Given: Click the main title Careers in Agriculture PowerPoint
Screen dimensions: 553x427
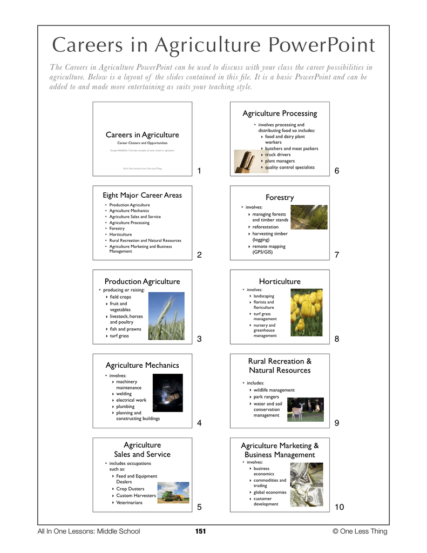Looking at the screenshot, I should pyautogui.click(x=213, y=44).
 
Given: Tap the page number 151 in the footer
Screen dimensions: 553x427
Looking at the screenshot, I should pyautogui.click(x=201, y=531).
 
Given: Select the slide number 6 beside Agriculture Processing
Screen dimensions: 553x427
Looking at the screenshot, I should pyautogui.click(x=337, y=171).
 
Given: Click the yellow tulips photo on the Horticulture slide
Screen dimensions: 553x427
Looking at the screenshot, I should pyautogui.click(x=307, y=313).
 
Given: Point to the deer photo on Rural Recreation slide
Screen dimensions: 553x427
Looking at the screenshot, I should pyautogui.click(x=305, y=409).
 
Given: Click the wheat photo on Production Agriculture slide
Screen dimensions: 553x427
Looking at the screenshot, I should pyautogui.click(x=166, y=316).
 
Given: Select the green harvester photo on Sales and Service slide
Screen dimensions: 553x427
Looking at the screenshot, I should pyautogui.click(x=173, y=493).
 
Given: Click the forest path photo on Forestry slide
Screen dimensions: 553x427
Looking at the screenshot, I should pyautogui.click(x=309, y=217).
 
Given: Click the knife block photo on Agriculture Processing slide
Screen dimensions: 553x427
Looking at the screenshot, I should pyautogui.click(x=242, y=161).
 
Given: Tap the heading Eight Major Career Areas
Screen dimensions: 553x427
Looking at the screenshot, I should pyautogui.click(x=143, y=195).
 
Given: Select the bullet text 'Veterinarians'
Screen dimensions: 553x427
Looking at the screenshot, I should pyautogui.click(x=130, y=502).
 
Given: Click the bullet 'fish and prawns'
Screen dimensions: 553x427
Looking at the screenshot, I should pyautogui.click(x=126, y=329).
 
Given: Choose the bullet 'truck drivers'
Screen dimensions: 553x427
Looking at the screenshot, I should pyautogui.click(x=277, y=155).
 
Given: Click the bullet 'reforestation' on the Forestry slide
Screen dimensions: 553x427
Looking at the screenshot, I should pyautogui.click(x=266, y=227).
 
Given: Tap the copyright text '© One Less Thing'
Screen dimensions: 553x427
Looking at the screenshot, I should pyautogui.click(x=360, y=531).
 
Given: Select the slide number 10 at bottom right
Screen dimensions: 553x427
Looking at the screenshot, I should pyautogui.click(x=339, y=507).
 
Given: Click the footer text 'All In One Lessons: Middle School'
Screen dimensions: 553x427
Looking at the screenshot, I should pyautogui.click(x=89, y=531).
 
